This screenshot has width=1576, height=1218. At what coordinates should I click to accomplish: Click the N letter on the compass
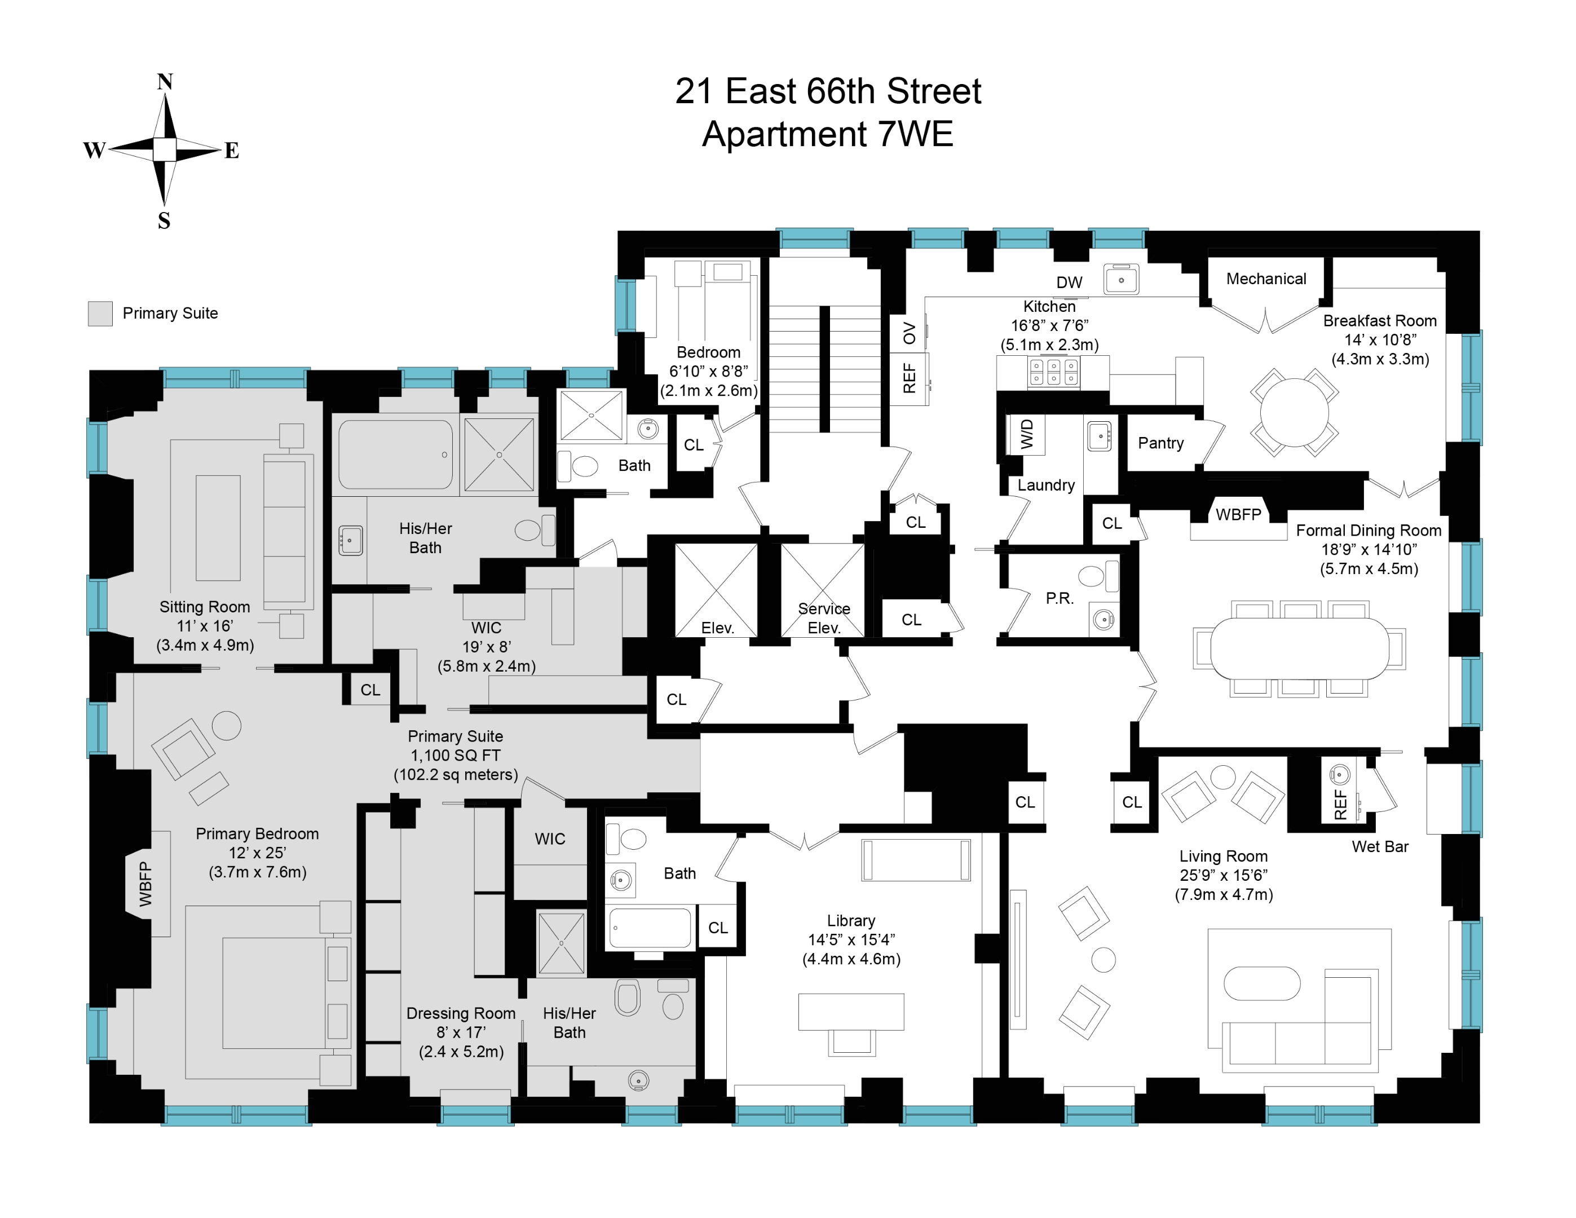coord(165,82)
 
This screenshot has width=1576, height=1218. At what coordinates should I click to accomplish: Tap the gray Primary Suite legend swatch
coord(100,314)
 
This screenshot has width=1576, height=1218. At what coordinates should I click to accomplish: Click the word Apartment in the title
coord(784,134)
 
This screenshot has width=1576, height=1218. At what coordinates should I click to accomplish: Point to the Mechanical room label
coord(1266,279)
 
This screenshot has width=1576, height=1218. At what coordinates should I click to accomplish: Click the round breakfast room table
coord(1294,413)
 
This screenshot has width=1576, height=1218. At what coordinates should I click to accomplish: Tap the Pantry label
coord(1160,443)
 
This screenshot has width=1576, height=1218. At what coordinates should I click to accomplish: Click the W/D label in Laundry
coord(1027,434)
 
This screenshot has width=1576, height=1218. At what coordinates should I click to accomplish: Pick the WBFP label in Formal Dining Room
coord(1238,514)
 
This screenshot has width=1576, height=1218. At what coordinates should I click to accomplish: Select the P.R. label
coord(1060,598)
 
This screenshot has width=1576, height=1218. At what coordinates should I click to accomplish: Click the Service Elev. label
coord(823,619)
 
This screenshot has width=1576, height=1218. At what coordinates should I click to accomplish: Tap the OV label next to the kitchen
coord(909,333)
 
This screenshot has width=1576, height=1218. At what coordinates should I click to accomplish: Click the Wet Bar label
coord(1380,846)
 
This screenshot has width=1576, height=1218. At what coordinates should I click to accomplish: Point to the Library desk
coord(851,1012)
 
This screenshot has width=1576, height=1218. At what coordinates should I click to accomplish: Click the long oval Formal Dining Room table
coord(1299,648)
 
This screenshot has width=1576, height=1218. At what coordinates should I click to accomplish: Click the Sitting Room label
coord(204,607)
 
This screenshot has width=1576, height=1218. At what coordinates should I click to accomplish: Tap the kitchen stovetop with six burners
coord(1053,372)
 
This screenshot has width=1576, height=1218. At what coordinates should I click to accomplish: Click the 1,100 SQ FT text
coord(456,756)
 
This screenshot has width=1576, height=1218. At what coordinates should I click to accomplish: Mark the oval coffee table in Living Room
coord(1262,983)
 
